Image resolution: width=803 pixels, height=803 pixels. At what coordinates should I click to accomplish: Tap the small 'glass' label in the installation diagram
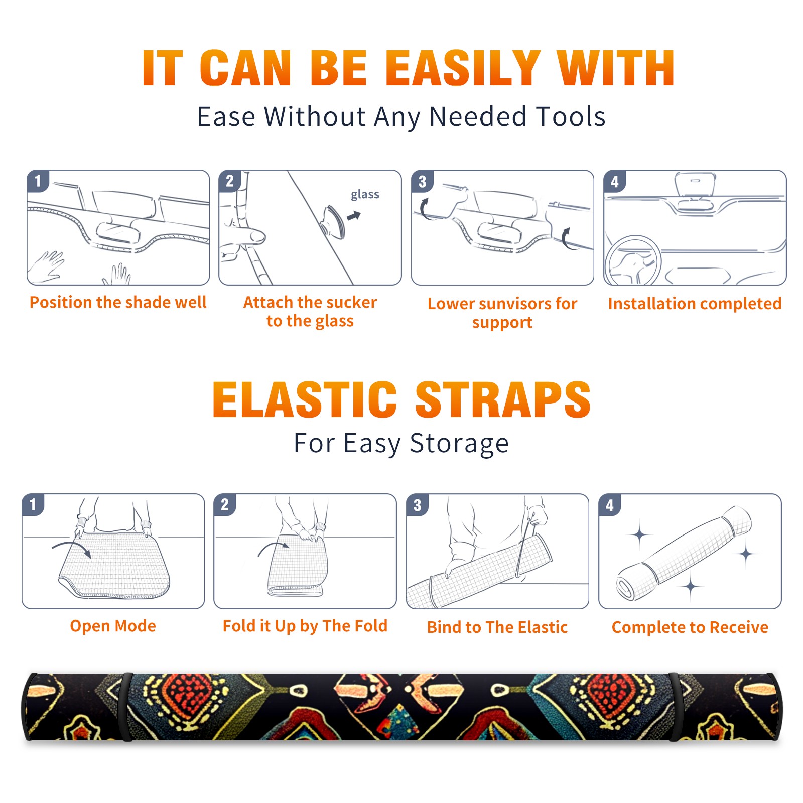(x=365, y=195)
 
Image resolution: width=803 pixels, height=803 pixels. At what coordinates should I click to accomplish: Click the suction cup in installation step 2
(x=334, y=221)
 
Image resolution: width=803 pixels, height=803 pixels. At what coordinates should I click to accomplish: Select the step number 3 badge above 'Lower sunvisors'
(x=422, y=181)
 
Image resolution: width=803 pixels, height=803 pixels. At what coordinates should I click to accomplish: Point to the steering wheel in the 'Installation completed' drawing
(x=632, y=260)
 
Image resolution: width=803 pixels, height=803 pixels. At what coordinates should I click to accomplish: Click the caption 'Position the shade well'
(x=118, y=302)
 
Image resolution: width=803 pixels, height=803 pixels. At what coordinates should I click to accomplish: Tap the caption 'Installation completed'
(x=695, y=304)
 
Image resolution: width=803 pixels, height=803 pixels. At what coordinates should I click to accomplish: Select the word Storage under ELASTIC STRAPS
(x=459, y=444)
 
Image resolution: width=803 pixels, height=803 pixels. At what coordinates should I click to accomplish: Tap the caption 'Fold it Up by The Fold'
(x=305, y=626)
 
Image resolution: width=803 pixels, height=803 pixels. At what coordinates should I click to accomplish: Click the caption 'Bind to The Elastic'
(x=497, y=627)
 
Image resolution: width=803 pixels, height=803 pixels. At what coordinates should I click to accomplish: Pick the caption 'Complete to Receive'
(x=690, y=627)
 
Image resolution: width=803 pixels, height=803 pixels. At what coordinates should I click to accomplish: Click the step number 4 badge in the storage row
(x=610, y=505)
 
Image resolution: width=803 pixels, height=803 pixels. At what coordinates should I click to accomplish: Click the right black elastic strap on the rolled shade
(x=676, y=707)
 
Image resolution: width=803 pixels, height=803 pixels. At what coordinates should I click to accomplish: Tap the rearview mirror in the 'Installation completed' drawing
(x=695, y=184)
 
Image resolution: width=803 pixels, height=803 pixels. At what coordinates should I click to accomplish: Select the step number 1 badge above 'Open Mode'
(x=33, y=505)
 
